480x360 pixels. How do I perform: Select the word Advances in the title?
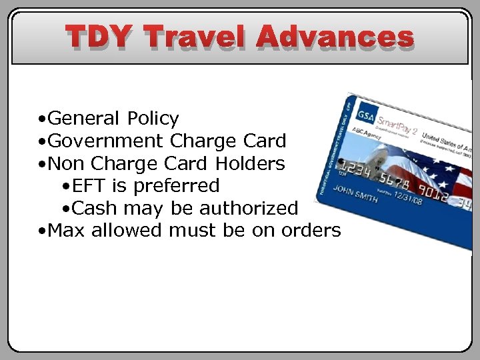(x=335, y=37)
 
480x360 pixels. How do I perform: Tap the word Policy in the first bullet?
(x=153, y=119)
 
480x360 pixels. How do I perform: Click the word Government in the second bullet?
(x=106, y=141)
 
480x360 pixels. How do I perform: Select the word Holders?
(x=250, y=163)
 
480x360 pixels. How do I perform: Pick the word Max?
(x=67, y=231)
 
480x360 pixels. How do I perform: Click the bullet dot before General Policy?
(x=41, y=120)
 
